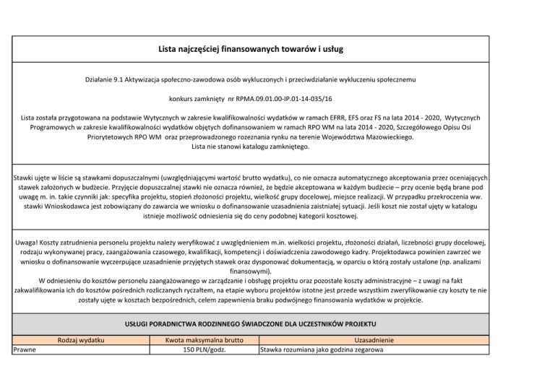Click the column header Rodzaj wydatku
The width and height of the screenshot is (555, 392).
pyautogui.click(x=81, y=339)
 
